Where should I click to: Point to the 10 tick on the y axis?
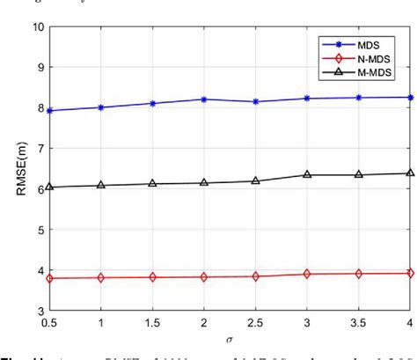click(38, 26)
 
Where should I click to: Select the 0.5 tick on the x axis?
click(50, 323)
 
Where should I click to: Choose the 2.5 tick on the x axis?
click(256, 323)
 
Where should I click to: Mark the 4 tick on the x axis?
click(410, 323)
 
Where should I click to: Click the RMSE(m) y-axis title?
click(18, 168)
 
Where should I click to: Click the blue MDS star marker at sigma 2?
click(204, 99)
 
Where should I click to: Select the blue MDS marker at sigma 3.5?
click(359, 97)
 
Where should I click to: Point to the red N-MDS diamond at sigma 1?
click(101, 277)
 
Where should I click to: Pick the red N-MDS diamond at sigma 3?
click(307, 274)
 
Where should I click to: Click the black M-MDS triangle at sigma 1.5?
click(153, 183)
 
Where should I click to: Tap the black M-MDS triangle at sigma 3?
click(307, 174)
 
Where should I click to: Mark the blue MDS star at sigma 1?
click(101, 107)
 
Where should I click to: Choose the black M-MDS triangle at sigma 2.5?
click(256, 180)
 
